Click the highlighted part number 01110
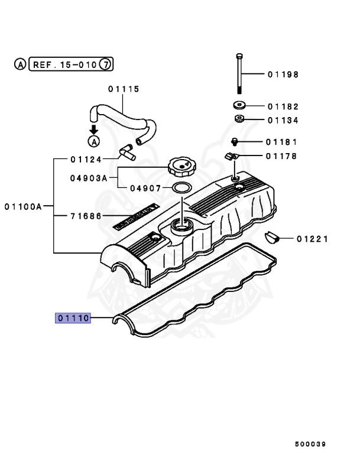[x=73, y=318]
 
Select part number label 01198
[x=282, y=74]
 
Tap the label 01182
[x=282, y=107]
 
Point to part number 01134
[x=282, y=121]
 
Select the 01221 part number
[x=312, y=239]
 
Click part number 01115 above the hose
[x=123, y=89]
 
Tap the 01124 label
[x=86, y=159]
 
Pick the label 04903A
[x=88, y=176]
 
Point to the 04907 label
[x=145, y=188]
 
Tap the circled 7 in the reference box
[x=105, y=64]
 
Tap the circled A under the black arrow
[x=93, y=141]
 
